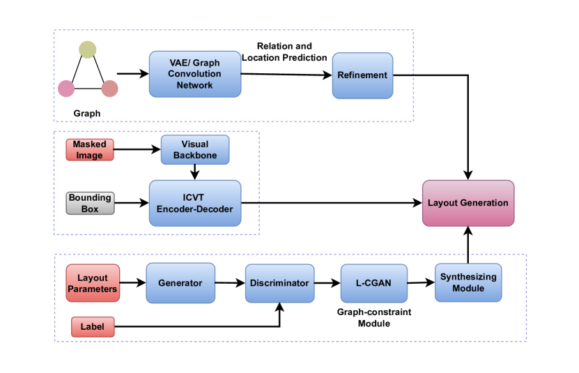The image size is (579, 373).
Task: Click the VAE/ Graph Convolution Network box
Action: click(x=195, y=74)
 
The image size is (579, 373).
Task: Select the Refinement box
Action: click(x=362, y=75)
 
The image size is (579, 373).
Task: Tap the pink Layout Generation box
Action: click(x=468, y=203)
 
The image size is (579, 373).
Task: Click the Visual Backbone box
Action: click(x=195, y=150)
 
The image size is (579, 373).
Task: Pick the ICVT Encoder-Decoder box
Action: click(x=195, y=203)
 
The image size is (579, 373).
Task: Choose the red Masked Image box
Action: click(x=90, y=150)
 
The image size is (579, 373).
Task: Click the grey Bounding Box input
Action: click(x=90, y=203)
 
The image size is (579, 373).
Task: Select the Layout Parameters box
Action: click(x=93, y=283)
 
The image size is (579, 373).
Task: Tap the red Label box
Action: click(x=93, y=327)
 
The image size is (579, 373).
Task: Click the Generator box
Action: click(x=180, y=283)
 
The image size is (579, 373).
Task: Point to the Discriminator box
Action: click(x=280, y=283)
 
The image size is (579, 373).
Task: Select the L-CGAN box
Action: click(x=374, y=283)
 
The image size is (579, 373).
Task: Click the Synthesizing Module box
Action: click(x=468, y=282)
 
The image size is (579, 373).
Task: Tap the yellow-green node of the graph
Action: click(x=88, y=50)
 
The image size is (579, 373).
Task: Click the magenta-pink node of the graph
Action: click(x=66, y=89)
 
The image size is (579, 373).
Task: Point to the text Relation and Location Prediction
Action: click(x=284, y=52)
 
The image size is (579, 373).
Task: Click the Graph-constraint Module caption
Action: click(x=374, y=317)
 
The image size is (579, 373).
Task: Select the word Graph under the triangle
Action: click(x=87, y=114)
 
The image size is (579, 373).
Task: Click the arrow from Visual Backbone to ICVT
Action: click(x=195, y=172)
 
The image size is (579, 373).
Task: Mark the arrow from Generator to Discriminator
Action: click(x=231, y=283)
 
